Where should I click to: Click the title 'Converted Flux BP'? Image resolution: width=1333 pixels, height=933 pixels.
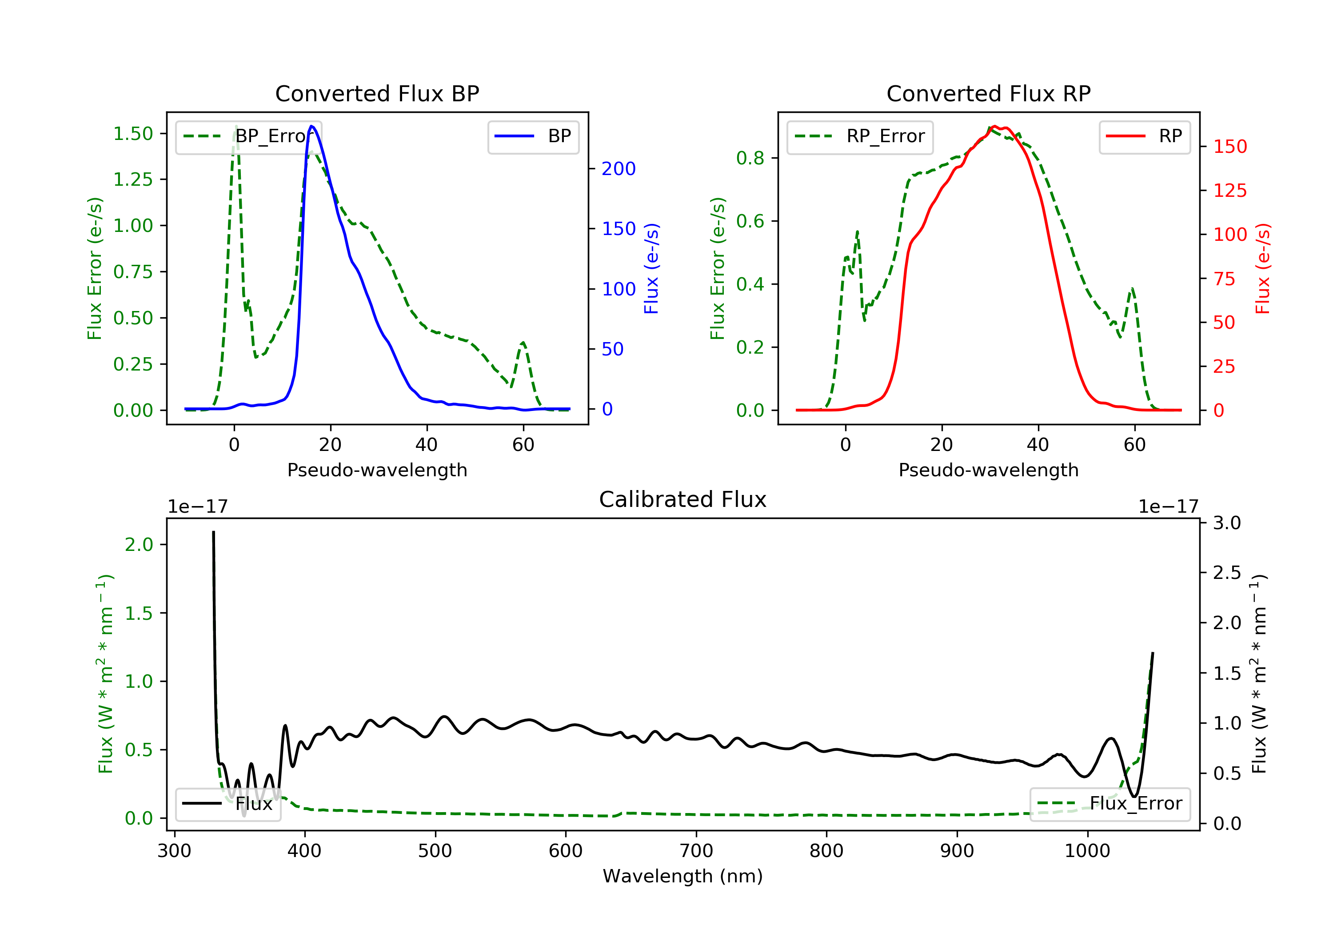click(x=377, y=93)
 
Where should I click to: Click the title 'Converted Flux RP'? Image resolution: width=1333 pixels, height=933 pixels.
click(x=988, y=93)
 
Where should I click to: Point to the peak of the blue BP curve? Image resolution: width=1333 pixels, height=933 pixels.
click(x=312, y=126)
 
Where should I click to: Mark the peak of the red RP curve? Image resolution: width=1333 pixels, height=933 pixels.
click(x=994, y=126)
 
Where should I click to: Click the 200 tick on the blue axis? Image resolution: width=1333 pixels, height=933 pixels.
click(x=619, y=169)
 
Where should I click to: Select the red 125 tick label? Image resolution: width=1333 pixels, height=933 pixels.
click(x=1229, y=191)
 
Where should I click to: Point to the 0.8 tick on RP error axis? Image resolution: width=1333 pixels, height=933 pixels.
click(x=750, y=158)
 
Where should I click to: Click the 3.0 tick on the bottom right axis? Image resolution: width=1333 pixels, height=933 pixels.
click(x=1227, y=523)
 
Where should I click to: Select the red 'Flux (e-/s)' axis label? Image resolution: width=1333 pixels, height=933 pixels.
click(x=1262, y=268)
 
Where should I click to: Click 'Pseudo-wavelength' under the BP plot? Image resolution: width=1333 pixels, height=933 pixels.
click(x=377, y=470)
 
